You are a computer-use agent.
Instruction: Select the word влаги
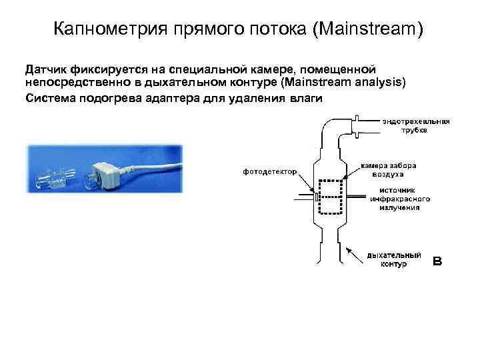tap(305, 97)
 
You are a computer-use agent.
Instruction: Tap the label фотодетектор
tap(269, 171)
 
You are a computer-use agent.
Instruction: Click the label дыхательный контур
tap(393, 259)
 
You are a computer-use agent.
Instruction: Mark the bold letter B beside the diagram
tap(438, 260)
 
